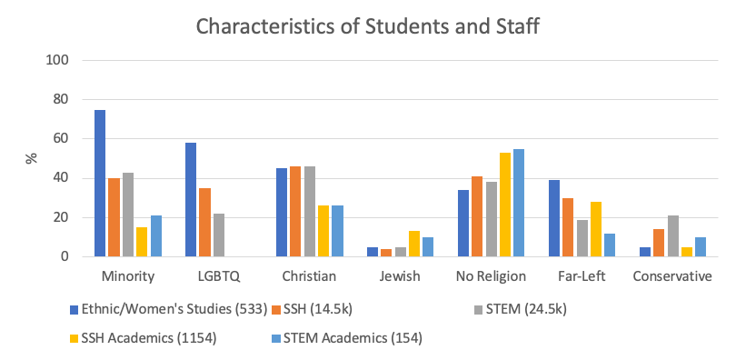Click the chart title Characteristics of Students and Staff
[x=368, y=27]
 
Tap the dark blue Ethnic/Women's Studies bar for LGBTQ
[x=191, y=200]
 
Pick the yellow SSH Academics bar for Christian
[x=324, y=231]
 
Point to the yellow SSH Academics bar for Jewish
[x=415, y=244]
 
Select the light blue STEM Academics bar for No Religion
[x=520, y=203]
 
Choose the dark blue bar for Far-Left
[x=555, y=218]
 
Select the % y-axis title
[x=31, y=158]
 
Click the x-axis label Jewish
[x=401, y=276]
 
